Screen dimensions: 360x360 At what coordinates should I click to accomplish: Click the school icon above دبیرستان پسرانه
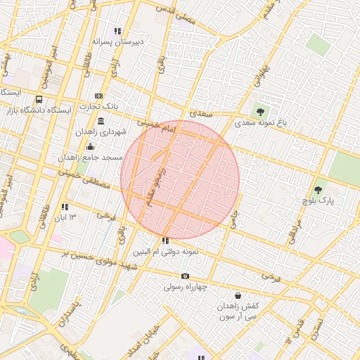(x=117, y=31)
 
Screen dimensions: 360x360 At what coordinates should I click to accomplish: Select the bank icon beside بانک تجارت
(x=98, y=96)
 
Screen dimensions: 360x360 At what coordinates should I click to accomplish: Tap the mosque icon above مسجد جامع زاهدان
(x=90, y=146)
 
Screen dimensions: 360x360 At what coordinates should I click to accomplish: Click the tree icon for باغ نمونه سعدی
(x=261, y=111)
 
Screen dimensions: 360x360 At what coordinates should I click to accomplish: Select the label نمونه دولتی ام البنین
(x=166, y=251)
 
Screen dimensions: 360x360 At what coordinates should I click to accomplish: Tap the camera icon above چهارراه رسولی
(x=185, y=276)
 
